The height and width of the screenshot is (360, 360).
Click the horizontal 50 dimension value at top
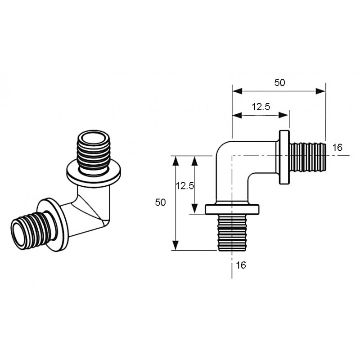pyautogui.click(x=279, y=82)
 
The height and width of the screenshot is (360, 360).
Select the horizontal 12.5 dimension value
pyautogui.click(x=261, y=107)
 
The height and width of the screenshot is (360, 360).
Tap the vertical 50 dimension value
pyautogui.click(x=161, y=202)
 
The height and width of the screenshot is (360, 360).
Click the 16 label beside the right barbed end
pyautogui.click(x=337, y=148)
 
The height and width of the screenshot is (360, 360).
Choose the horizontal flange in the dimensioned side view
pyautogui.click(x=233, y=209)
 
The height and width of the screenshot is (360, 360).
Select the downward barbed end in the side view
pyautogui.click(x=232, y=233)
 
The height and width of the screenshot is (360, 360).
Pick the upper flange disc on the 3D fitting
pyautogui.click(x=94, y=172)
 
